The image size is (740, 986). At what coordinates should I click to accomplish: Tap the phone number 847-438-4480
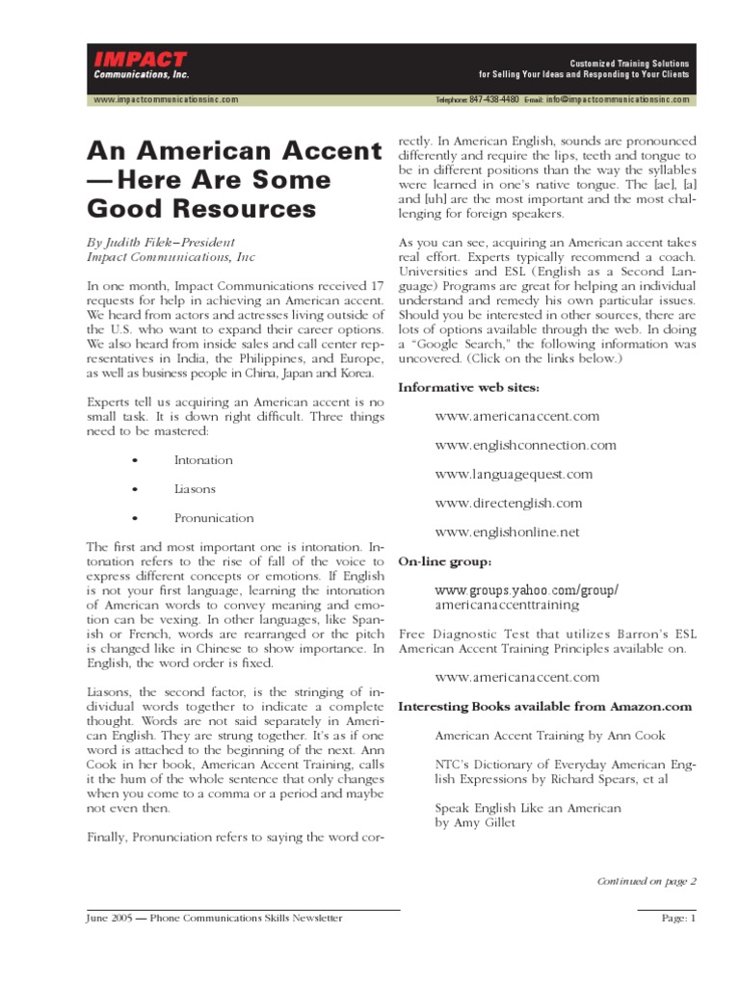(491, 99)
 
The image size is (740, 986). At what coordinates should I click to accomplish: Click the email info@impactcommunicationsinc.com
(617, 99)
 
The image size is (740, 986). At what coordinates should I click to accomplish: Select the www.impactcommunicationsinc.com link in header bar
(165, 99)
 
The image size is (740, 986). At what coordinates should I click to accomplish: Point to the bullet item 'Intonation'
(202, 460)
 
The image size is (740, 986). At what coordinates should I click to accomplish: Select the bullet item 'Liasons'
(195, 489)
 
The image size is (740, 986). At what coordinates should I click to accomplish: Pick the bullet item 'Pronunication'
(214, 518)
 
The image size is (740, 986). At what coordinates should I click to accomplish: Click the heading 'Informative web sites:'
(469, 387)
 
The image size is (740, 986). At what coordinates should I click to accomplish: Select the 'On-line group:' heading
(445, 560)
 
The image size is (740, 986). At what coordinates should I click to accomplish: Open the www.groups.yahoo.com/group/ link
(526, 589)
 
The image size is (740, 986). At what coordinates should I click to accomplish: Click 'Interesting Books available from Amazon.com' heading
(545, 706)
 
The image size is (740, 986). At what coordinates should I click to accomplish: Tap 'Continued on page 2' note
(646, 880)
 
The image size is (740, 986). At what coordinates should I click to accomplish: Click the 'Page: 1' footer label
(677, 919)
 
